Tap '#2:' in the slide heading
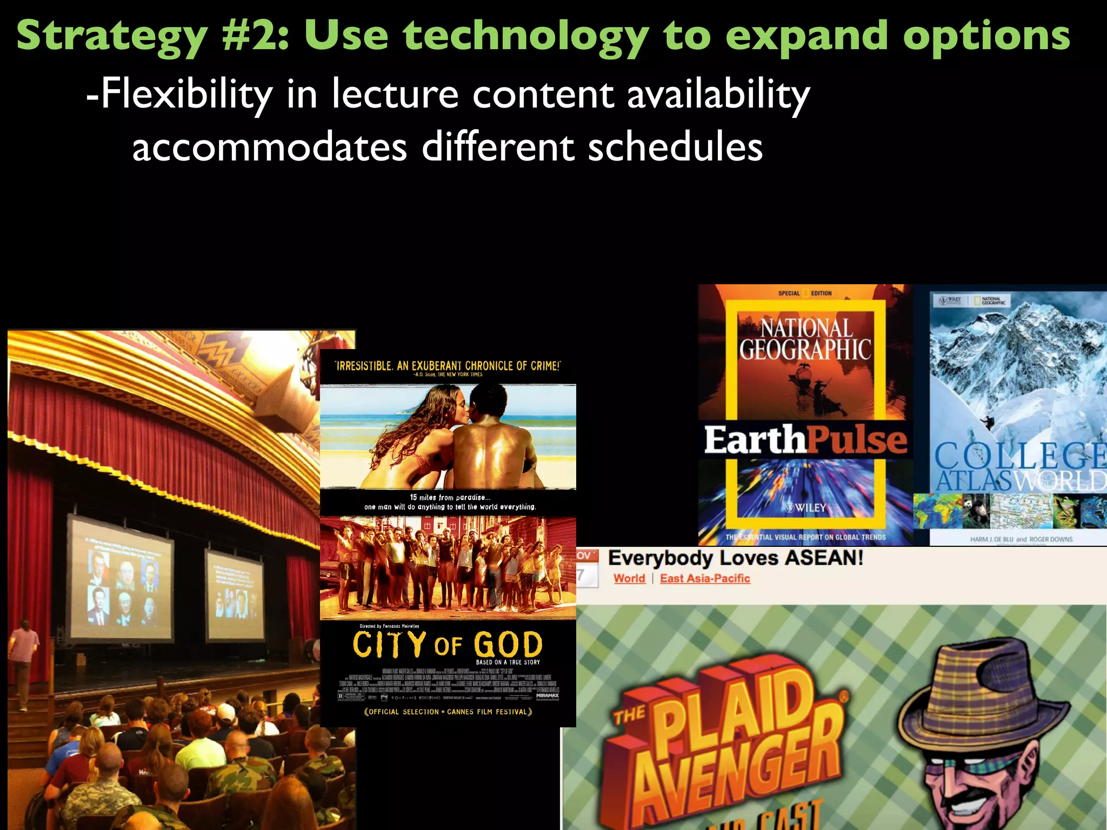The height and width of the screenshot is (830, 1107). (255, 36)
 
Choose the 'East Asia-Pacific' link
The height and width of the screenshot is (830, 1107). (705, 579)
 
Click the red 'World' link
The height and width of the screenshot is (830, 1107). (629, 579)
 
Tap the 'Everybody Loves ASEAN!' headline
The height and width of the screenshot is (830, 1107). (735, 558)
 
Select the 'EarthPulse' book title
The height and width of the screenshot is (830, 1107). (805, 440)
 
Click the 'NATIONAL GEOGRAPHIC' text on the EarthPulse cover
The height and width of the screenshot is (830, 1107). (805, 339)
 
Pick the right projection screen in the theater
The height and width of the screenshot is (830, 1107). (235, 593)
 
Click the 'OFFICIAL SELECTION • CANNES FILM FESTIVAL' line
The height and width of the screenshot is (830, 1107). (448, 712)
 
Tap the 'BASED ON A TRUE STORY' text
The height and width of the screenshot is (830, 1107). (508, 662)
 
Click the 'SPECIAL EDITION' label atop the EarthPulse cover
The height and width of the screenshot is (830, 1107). (805, 293)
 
